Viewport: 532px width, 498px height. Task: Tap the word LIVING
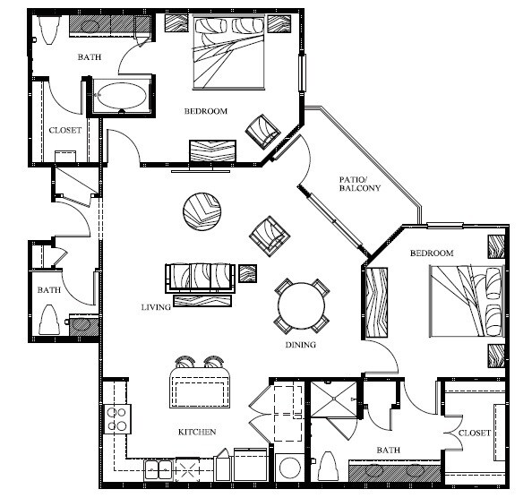156,307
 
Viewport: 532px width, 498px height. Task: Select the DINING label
300,345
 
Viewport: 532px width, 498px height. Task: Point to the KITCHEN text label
197,432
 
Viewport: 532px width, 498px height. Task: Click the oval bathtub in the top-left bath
123,95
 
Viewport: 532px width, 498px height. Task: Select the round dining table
302,306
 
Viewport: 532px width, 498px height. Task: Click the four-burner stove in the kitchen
117,417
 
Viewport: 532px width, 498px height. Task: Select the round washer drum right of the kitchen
289,468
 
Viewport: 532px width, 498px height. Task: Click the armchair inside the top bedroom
263,131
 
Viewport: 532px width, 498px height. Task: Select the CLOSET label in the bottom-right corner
474,433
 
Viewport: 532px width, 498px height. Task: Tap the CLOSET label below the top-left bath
65,130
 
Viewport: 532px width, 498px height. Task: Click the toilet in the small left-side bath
48,317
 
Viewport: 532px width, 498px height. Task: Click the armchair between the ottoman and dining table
270,235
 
